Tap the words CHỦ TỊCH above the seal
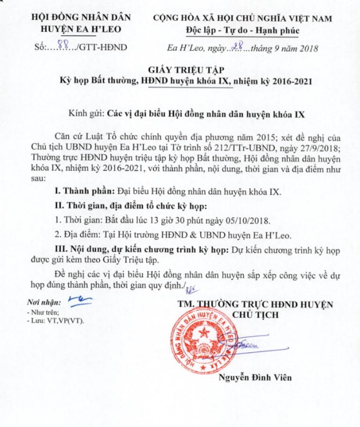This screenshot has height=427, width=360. click(255, 314)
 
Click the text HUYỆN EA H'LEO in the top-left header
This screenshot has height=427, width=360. click(81, 29)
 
